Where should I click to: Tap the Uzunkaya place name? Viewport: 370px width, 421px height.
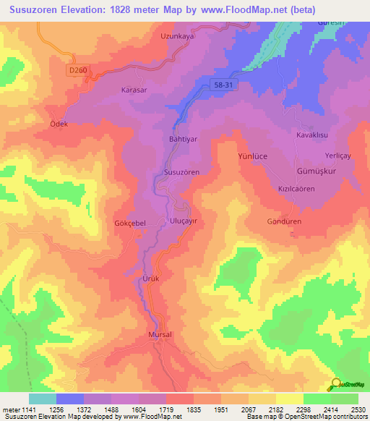click(178, 35)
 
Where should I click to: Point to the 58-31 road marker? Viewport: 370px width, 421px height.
click(223, 85)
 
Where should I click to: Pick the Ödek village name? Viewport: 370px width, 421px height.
click(59, 124)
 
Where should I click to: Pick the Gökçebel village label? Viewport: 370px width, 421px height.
click(131, 224)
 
